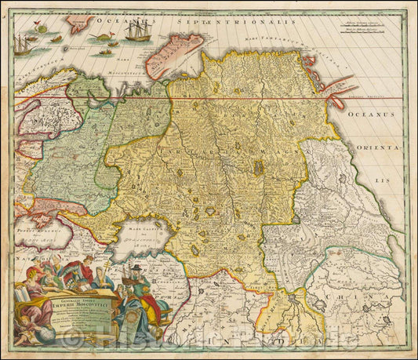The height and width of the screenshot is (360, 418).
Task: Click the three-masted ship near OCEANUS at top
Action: point(136,31)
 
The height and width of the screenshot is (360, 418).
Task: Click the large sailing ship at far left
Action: point(22,45)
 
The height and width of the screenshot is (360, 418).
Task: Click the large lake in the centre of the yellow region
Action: point(259,167)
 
